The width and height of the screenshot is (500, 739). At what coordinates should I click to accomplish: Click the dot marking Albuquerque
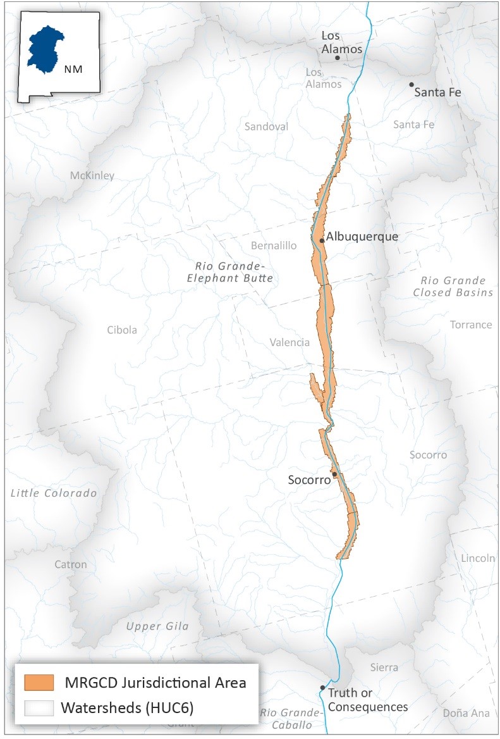point(322,240)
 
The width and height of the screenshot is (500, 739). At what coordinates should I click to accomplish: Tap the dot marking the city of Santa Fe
point(412,84)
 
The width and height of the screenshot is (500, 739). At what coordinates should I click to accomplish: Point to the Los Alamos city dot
point(338,58)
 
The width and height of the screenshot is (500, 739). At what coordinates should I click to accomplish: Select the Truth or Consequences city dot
point(322,688)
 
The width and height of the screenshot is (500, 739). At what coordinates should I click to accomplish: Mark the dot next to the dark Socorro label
point(334,474)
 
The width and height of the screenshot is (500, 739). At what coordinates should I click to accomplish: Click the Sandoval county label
point(266,127)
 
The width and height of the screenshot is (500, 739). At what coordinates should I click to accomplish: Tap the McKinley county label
point(92,175)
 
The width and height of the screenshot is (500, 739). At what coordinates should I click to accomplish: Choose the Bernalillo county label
point(274,245)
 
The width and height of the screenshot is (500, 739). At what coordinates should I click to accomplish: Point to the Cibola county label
point(122,330)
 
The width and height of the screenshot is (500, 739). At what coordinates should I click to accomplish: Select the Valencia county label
point(290,342)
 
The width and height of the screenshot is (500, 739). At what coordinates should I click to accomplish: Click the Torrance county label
point(470,325)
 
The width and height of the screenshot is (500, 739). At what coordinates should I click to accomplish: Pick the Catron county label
point(70,564)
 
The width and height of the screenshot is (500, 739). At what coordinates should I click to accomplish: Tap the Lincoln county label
point(478,558)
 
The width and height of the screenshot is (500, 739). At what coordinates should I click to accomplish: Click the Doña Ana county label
point(466,713)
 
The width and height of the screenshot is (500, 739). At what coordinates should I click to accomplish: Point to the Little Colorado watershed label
point(54,493)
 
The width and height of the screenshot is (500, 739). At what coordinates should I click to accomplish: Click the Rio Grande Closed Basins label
point(453,286)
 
